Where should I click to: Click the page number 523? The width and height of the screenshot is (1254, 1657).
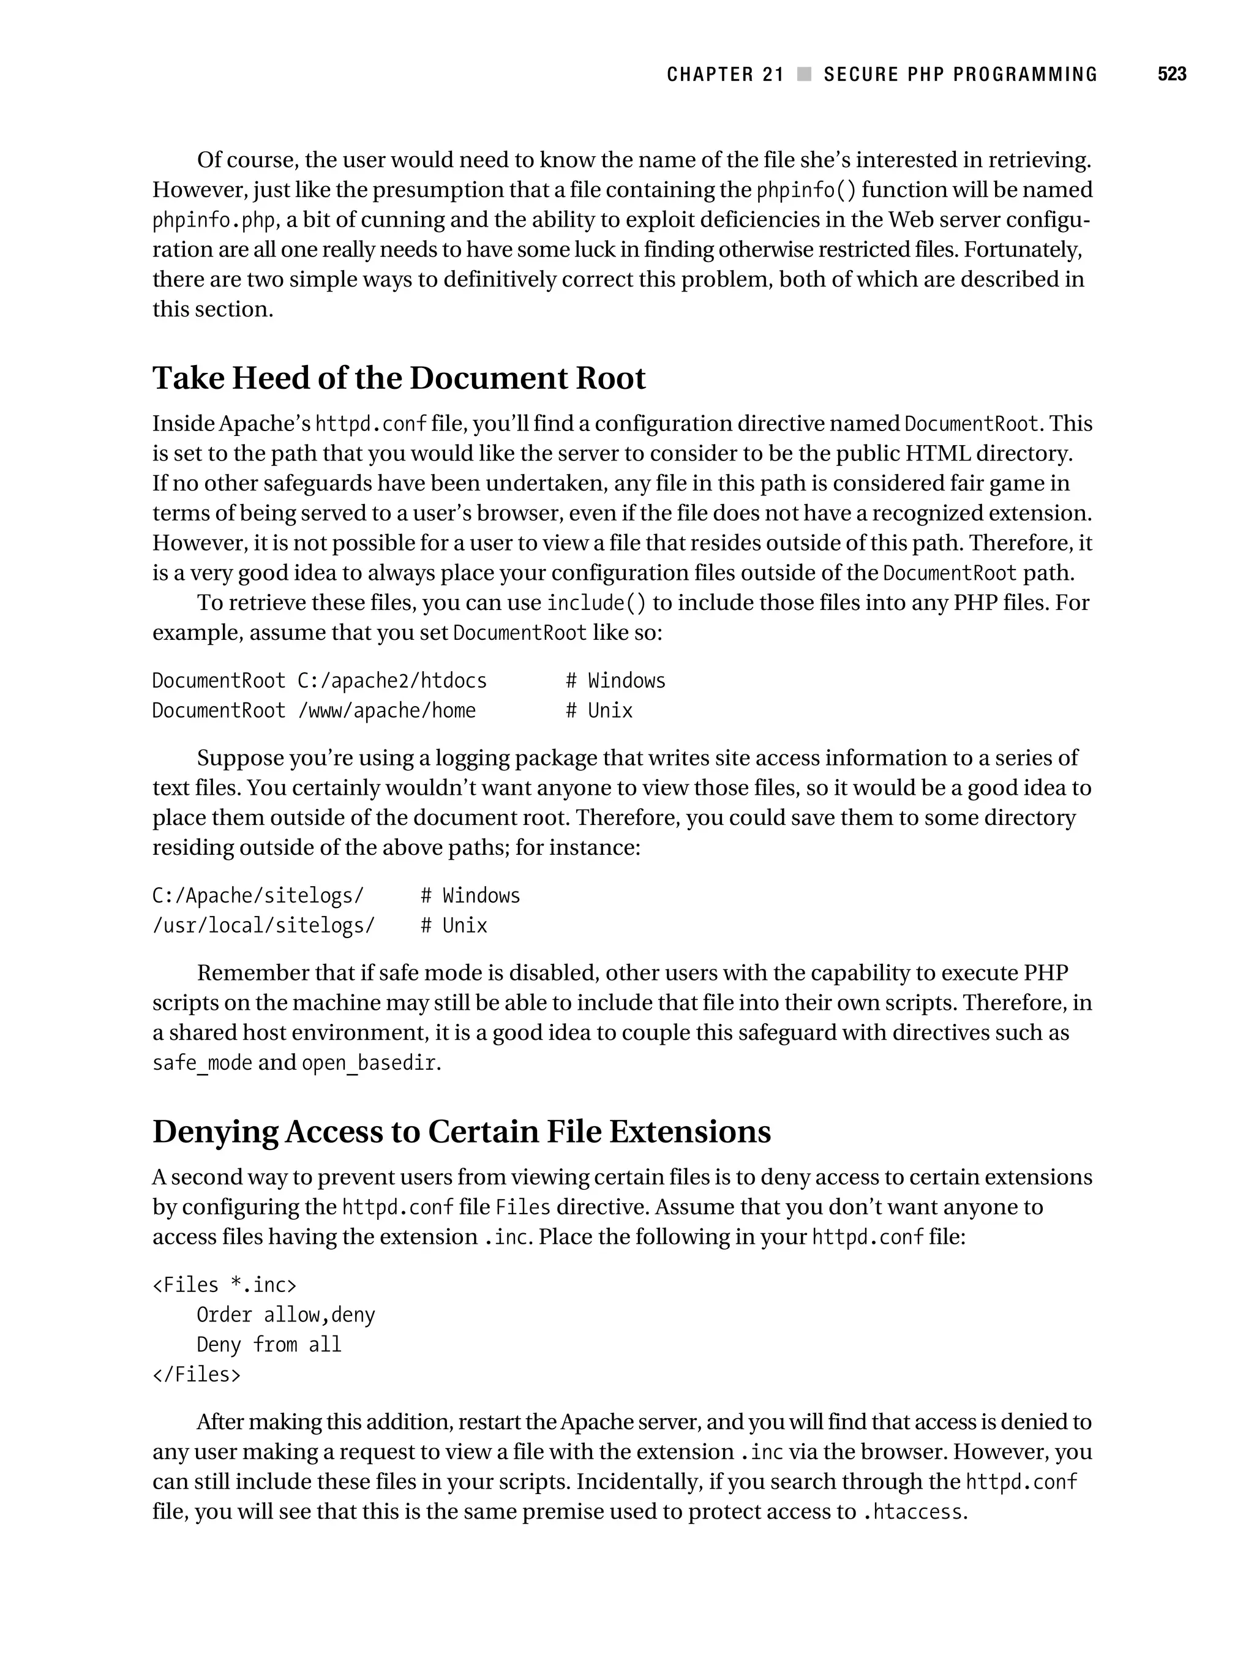[1171, 74]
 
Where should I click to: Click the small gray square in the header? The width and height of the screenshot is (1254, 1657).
[805, 74]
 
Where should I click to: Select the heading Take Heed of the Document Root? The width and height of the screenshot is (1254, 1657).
[399, 378]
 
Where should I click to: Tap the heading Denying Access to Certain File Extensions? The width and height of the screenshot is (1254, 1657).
[462, 1132]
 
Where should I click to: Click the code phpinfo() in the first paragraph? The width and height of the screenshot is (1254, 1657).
[805, 190]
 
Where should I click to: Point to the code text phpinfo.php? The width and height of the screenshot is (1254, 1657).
[214, 221]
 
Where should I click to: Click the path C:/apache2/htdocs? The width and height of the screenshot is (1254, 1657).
[392, 681]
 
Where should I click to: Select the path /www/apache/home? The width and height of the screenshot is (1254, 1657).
[386, 711]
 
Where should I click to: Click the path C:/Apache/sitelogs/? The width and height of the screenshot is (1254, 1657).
[258, 896]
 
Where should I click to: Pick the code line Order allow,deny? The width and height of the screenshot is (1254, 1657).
[285, 1315]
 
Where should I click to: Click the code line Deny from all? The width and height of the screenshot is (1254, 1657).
[269, 1345]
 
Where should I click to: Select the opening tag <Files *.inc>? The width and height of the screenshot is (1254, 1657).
[225, 1285]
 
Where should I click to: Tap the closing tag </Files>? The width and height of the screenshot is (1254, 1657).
[197, 1375]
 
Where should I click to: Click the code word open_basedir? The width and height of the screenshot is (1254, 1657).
[369, 1063]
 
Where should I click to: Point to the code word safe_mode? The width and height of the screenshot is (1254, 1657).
[202, 1063]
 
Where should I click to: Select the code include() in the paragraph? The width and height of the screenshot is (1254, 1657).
[596, 603]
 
